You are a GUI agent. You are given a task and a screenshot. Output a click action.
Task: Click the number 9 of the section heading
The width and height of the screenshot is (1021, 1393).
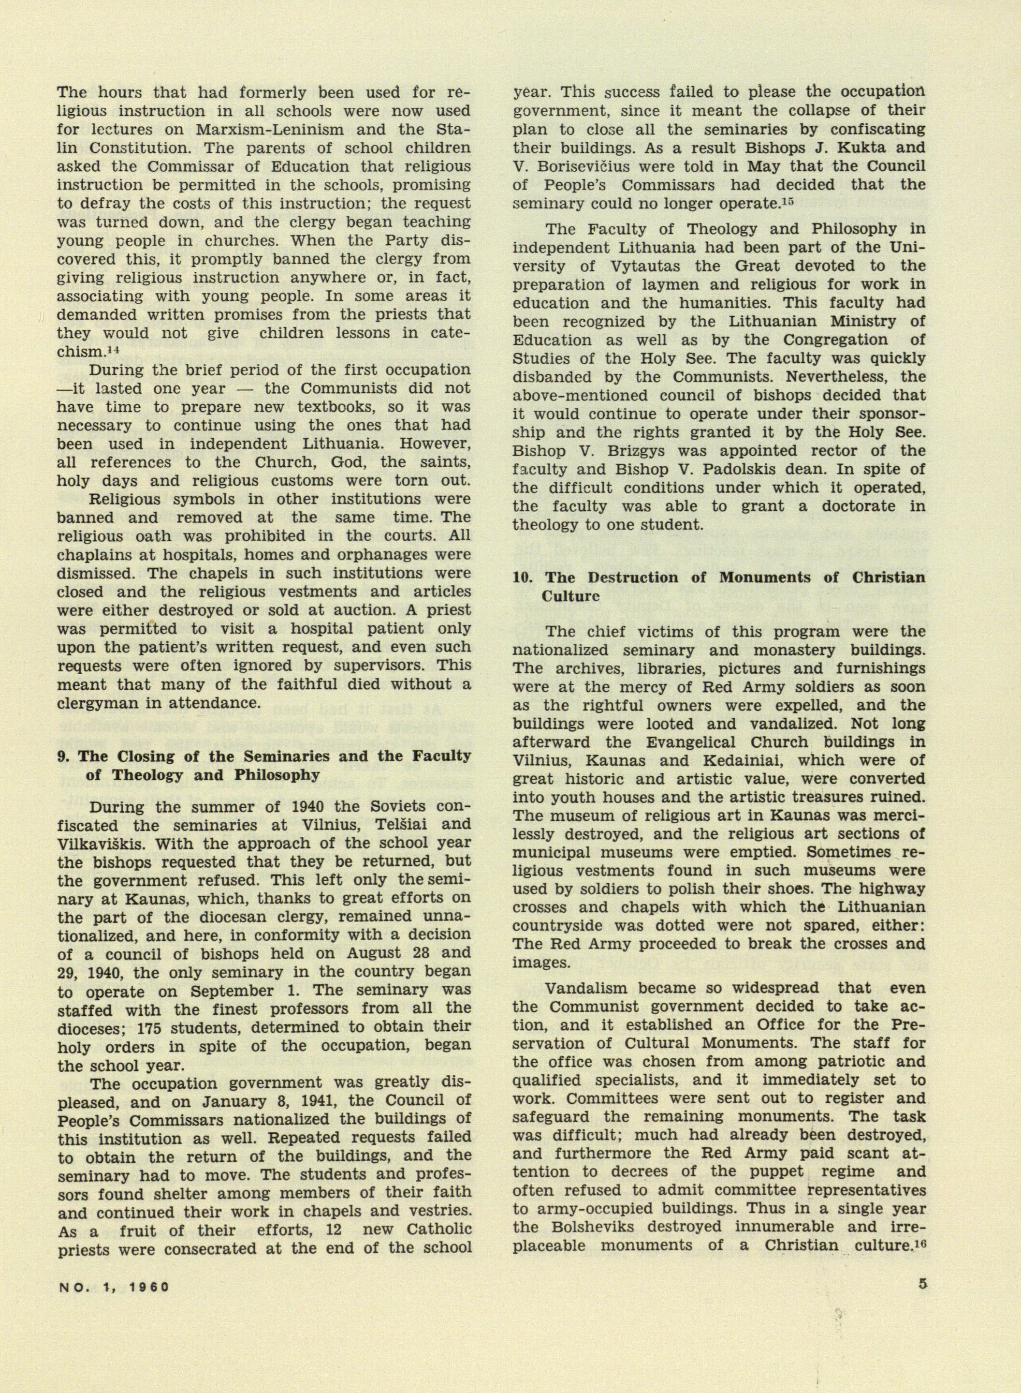coord(62,756)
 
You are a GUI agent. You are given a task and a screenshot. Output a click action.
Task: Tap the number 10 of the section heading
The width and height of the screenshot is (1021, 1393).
coord(522,578)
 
